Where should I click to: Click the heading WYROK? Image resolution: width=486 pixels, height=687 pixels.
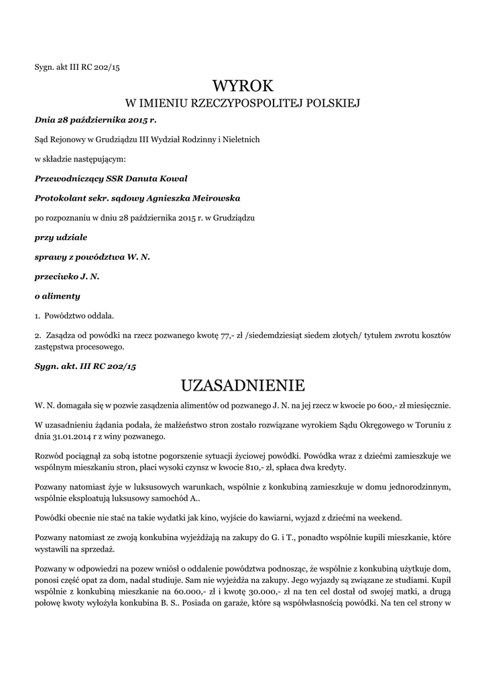[x=243, y=86]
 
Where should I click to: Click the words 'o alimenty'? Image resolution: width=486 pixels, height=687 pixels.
[x=57, y=296]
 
